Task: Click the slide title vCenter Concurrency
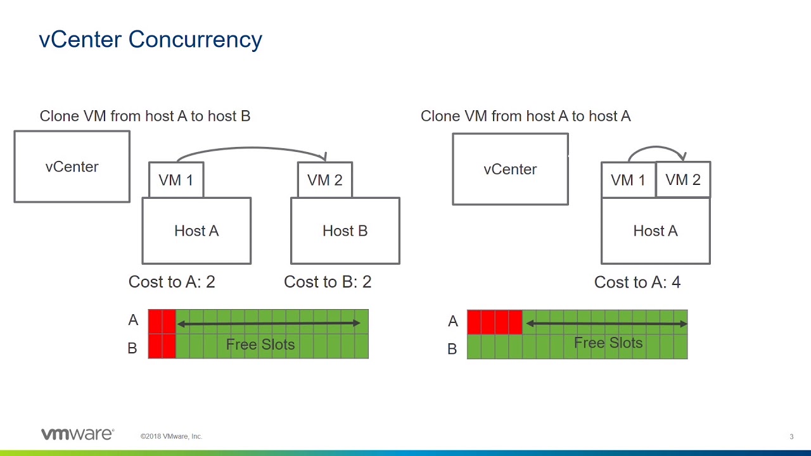[x=150, y=40]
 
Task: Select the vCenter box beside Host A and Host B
[x=72, y=167]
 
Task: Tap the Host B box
[x=345, y=231]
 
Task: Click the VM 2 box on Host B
[x=325, y=180]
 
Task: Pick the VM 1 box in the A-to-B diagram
[x=176, y=180]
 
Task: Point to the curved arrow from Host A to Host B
[x=252, y=148]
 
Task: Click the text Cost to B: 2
[x=328, y=282]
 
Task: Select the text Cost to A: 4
[x=637, y=282]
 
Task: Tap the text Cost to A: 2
[x=172, y=282]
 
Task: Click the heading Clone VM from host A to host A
[x=526, y=116]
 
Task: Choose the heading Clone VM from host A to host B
[x=145, y=116]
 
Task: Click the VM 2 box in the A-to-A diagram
[x=683, y=179]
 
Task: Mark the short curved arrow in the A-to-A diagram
[x=656, y=146]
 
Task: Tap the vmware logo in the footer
[x=78, y=434]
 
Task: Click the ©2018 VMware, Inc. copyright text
[x=171, y=436]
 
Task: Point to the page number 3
[x=791, y=437]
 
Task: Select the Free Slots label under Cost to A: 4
[x=608, y=343]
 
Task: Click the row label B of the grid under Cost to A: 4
[x=452, y=349]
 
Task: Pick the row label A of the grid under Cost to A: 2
[x=133, y=320]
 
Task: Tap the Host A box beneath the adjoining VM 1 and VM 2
[x=656, y=231]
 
